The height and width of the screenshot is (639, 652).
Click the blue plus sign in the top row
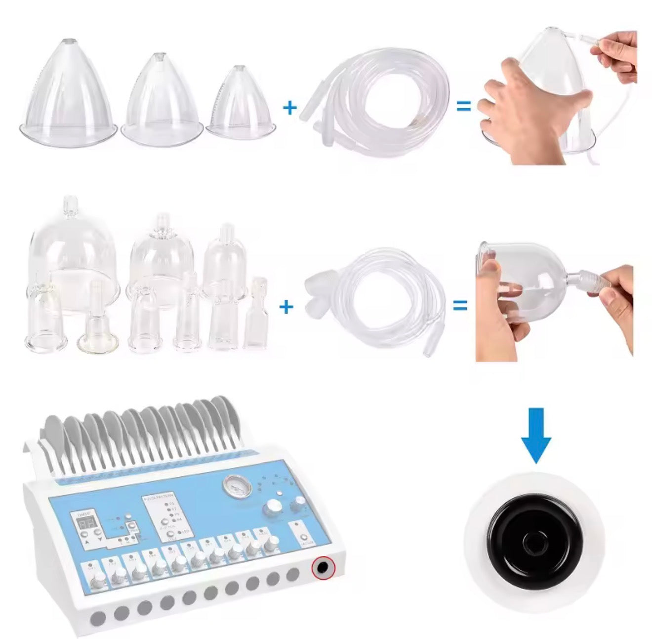tap(290, 107)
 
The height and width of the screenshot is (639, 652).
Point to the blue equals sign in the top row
tap(463, 106)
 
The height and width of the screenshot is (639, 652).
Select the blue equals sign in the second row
tap(460, 306)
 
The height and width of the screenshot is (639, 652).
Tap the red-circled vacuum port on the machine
tap(323, 568)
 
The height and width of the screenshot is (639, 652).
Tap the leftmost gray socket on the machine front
tap(98, 618)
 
